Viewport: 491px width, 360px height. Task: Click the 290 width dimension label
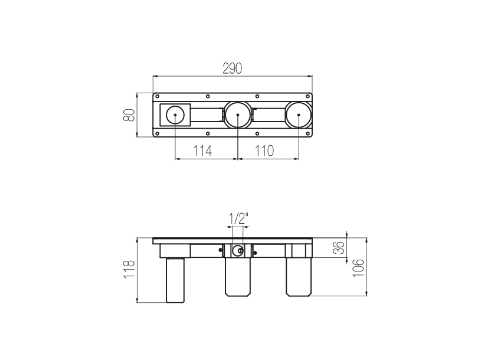(233, 68)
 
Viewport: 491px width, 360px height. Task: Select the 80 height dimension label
(129, 115)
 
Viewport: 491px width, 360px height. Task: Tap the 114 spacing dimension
(202, 151)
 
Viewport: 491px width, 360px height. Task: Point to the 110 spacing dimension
(264, 151)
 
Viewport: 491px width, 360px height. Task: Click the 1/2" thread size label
(238, 218)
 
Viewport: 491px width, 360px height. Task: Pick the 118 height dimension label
(129, 269)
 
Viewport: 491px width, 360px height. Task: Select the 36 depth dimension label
(339, 248)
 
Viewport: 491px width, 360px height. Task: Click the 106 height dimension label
(359, 268)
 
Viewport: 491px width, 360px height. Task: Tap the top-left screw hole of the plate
(158, 96)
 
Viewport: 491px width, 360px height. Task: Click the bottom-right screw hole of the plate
(308, 133)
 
